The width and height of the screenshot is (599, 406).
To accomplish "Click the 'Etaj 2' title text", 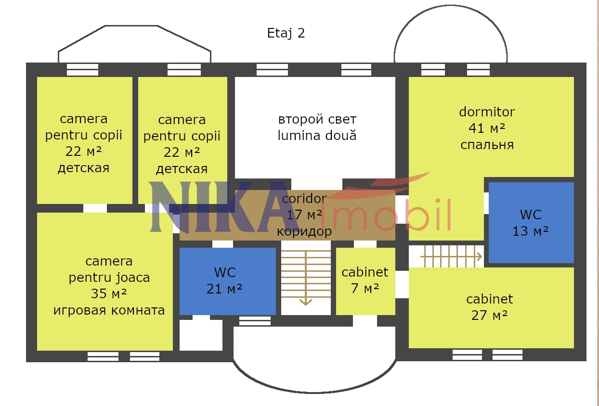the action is [x=286, y=33].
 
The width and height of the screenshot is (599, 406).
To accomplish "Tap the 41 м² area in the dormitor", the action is [x=487, y=128].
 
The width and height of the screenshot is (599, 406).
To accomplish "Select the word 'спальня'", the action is [x=487, y=145].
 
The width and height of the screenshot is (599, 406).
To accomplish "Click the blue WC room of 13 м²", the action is [x=531, y=223].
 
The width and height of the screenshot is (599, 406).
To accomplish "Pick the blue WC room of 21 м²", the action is [x=228, y=281].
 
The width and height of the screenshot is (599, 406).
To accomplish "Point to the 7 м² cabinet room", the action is [x=365, y=281].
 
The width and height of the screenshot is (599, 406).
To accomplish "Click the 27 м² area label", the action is [x=489, y=316].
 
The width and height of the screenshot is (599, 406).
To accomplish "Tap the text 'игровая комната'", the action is [x=109, y=310].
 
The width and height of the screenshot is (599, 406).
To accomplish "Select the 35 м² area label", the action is [x=109, y=294].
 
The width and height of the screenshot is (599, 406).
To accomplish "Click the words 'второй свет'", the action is [x=317, y=119].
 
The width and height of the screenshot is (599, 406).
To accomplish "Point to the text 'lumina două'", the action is [x=317, y=136].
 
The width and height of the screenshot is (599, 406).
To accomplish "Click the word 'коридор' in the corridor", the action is [x=304, y=231].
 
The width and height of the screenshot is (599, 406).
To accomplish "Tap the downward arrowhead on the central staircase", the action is [x=306, y=302].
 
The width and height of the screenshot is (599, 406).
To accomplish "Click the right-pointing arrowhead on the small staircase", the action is [x=480, y=257].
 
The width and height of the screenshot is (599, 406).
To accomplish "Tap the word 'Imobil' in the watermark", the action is [x=386, y=215].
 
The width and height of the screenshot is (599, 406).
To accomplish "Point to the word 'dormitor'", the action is [x=487, y=112].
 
